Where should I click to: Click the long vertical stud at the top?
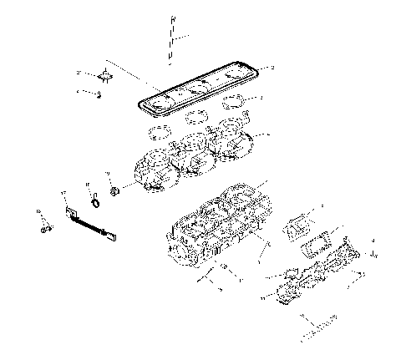170,39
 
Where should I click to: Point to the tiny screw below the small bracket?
99,94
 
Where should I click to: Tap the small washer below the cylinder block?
225,268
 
